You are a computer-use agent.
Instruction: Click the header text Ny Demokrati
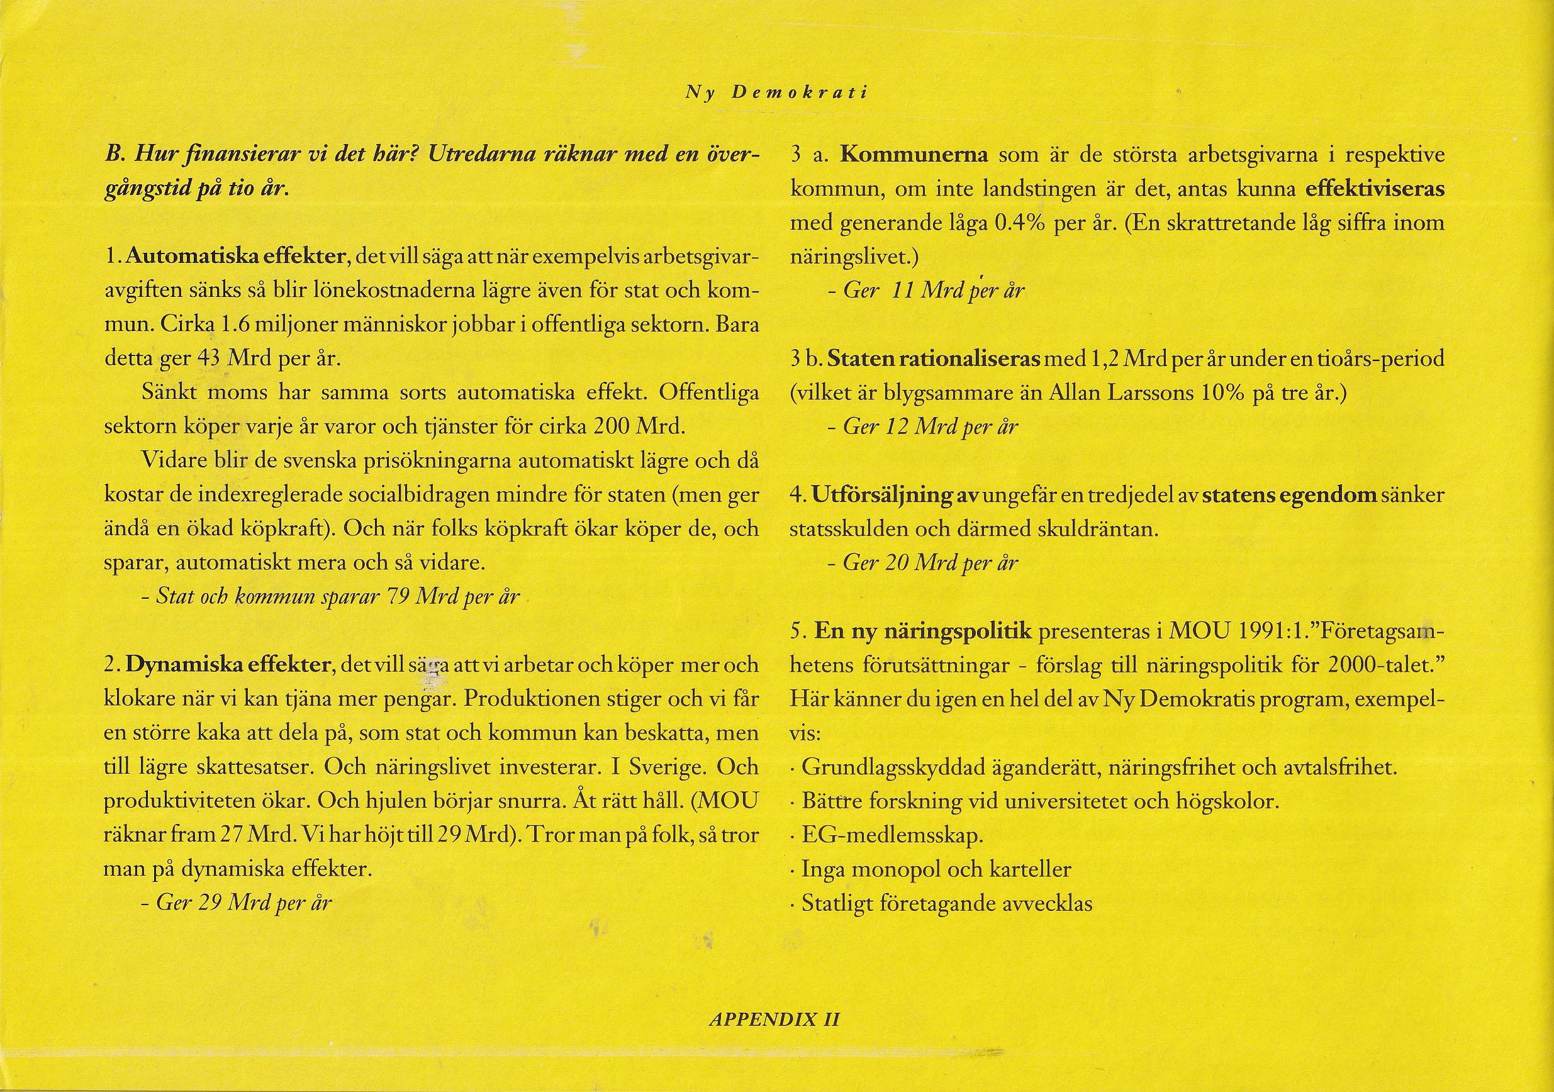(776, 92)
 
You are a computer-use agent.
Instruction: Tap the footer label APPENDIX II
(774, 1020)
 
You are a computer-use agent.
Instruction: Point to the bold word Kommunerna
(914, 155)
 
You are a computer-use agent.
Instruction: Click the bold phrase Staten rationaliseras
(934, 359)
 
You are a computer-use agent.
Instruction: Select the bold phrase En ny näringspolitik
(923, 632)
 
